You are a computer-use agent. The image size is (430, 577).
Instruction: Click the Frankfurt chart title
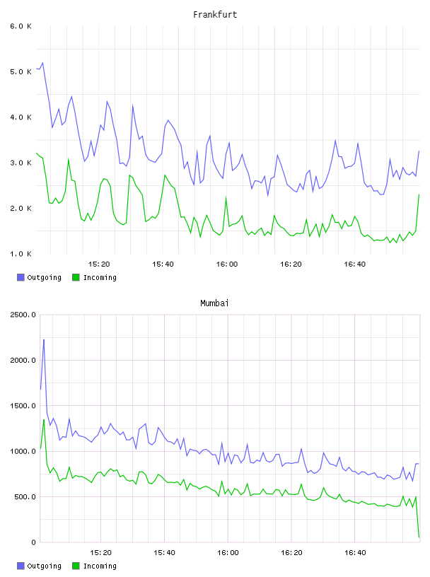pyautogui.click(x=215, y=15)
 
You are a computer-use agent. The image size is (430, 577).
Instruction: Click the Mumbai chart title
pyautogui.click(x=214, y=303)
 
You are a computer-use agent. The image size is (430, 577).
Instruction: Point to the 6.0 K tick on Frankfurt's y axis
pyautogui.click(x=21, y=26)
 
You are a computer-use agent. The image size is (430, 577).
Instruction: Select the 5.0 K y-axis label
pyautogui.click(x=21, y=71)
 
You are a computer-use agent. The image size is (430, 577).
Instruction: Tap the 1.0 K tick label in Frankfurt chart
pyautogui.click(x=21, y=254)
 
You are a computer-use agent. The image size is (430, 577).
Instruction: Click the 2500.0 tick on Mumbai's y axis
pyautogui.click(x=23, y=315)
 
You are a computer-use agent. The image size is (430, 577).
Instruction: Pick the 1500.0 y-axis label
pyautogui.click(x=23, y=406)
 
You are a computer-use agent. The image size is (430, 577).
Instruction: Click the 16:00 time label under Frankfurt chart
pyautogui.click(x=227, y=264)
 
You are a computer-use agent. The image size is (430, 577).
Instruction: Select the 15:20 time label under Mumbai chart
pyautogui.click(x=101, y=553)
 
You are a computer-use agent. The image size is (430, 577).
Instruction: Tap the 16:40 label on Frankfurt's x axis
pyautogui.click(x=355, y=264)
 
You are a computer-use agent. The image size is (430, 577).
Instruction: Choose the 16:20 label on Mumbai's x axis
pyautogui.click(x=291, y=553)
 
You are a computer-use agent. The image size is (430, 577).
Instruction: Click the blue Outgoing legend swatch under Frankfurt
pyautogui.click(x=21, y=277)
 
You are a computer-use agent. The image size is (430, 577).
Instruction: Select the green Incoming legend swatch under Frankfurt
pyautogui.click(x=76, y=277)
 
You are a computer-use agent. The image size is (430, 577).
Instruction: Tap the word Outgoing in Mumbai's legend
pyautogui.click(x=44, y=566)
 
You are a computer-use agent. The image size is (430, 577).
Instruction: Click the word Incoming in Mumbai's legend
pyautogui.click(x=100, y=566)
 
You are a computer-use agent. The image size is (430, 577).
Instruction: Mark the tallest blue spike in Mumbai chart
pyautogui.click(x=44, y=339)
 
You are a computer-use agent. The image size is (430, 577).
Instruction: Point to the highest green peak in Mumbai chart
pyautogui.click(x=44, y=420)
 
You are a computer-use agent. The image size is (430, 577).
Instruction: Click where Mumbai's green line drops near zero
pyautogui.click(x=419, y=537)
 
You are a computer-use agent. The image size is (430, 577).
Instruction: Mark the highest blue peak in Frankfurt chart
pyautogui.click(x=42, y=63)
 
